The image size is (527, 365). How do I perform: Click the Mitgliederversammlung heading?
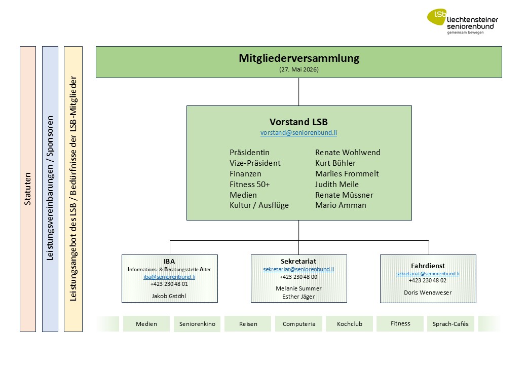click(x=299, y=58)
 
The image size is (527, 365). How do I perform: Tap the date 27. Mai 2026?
click(x=299, y=69)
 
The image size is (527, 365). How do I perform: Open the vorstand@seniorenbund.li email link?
click(x=298, y=132)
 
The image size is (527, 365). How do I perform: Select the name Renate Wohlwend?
click(x=348, y=152)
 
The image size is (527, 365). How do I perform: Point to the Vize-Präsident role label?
click(x=255, y=163)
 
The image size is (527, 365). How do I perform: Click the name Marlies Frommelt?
click(x=347, y=174)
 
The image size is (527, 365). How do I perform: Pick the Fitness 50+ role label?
click(x=249, y=184)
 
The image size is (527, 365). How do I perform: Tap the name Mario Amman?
click(x=341, y=205)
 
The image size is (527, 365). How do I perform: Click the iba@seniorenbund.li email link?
click(x=169, y=277)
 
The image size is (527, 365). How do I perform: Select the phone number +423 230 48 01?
click(x=169, y=284)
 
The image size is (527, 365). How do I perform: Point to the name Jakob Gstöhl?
click(x=169, y=296)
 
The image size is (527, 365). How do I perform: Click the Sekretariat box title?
click(x=298, y=261)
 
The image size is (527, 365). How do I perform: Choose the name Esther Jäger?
click(x=298, y=297)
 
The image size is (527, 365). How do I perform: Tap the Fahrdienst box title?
click(x=428, y=266)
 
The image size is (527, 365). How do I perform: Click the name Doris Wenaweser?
click(x=428, y=293)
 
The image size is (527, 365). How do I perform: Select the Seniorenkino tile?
click(x=197, y=324)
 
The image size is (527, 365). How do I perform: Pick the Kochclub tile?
click(x=349, y=324)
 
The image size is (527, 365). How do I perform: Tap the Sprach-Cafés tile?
click(x=450, y=324)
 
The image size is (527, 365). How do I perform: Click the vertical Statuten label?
click(x=27, y=189)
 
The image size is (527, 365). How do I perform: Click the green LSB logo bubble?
click(x=437, y=17)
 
